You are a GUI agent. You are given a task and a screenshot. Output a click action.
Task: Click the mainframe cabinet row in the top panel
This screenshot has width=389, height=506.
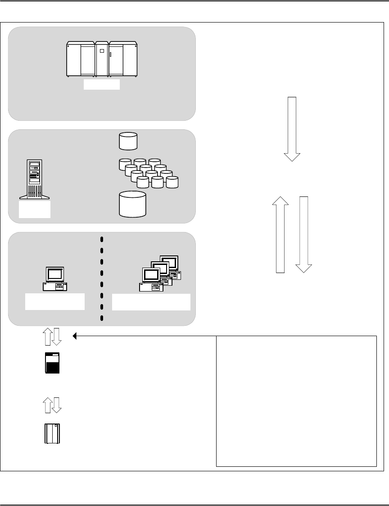click(102, 59)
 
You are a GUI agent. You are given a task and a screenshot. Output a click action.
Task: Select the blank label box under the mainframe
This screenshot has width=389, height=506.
click(102, 85)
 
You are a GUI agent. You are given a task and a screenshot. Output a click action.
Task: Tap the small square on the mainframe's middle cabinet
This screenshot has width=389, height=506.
click(102, 51)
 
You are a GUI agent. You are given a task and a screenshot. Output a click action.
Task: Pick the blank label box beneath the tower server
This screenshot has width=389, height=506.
click(35, 210)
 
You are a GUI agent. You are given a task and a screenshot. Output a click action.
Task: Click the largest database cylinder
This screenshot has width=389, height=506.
click(133, 204)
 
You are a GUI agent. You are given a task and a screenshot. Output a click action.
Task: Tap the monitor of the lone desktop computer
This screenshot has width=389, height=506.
click(55, 274)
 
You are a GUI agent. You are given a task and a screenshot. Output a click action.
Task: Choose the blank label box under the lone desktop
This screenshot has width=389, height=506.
click(55, 301)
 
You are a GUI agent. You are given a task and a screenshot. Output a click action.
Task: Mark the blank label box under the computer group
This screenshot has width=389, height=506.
click(151, 301)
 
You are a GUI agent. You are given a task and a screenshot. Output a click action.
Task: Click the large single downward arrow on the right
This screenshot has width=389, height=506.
click(292, 129)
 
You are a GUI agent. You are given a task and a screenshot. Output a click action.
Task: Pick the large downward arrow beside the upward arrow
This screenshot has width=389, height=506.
click(303, 234)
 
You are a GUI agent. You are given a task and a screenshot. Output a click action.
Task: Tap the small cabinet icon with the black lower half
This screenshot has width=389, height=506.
click(52, 363)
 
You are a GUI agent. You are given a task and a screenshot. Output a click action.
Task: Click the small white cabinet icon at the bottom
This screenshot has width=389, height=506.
click(52, 433)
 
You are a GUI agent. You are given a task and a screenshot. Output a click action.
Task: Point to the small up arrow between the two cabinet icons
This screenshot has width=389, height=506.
click(47, 405)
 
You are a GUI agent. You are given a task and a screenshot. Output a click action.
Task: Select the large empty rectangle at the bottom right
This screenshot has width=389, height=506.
click(296, 401)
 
